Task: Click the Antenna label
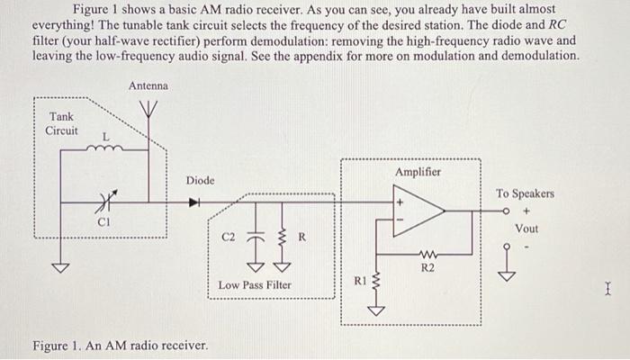pyautogui.click(x=148, y=85)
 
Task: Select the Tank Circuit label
pyautogui.click(x=62, y=123)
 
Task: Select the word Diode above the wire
pyautogui.click(x=200, y=181)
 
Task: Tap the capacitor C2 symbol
pyautogui.click(x=256, y=237)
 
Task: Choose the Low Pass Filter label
pyautogui.click(x=255, y=285)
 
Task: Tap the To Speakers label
pyautogui.click(x=525, y=193)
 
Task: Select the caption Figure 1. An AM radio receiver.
pyautogui.click(x=120, y=346)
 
